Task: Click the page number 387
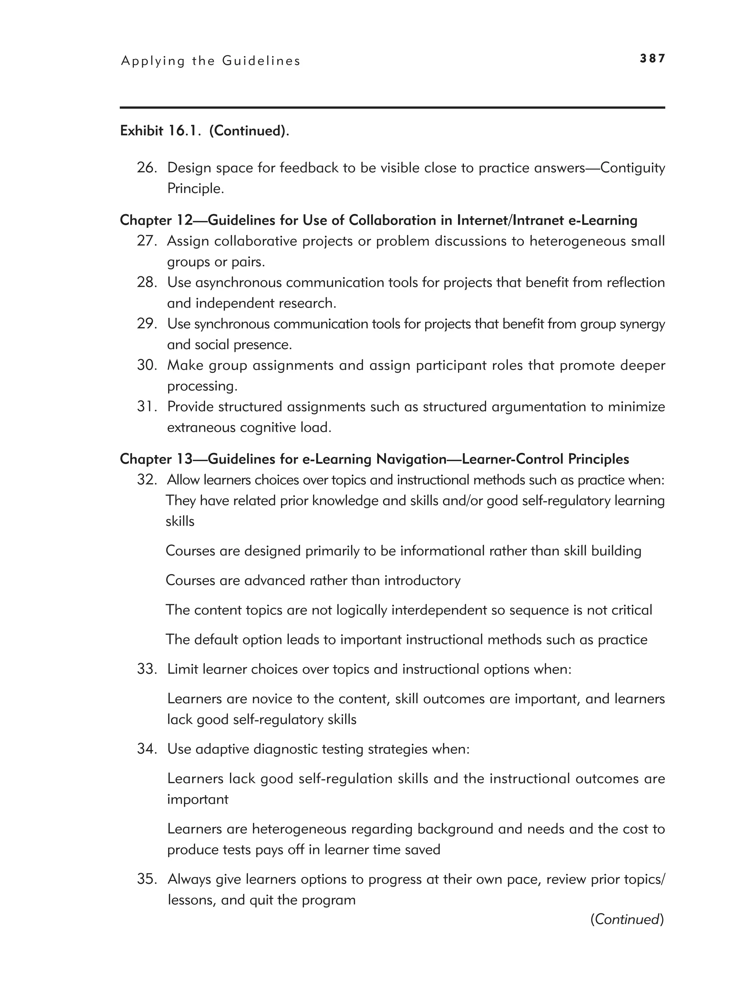pos(652,58)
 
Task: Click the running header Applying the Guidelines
pos(211,61)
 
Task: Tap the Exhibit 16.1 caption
pos(204,131)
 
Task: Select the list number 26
pos(147,168)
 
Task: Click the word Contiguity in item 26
pos(632,168)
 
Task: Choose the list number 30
pos(147,365)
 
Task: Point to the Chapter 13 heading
pos(374,459)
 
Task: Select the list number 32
pos(147,480)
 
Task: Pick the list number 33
pos(147,669)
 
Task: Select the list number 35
pos(147,879)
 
